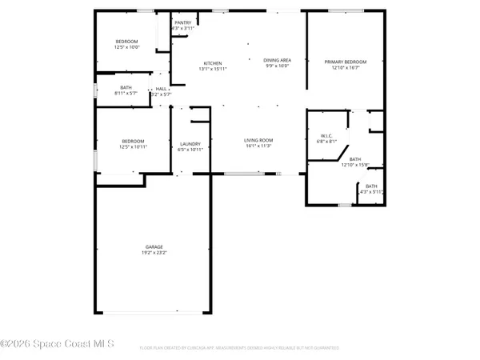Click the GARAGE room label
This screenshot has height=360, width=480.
coord(154,247)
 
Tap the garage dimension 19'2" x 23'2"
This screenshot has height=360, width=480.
coord(154,254)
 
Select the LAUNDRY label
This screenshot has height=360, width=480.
coord(190,144)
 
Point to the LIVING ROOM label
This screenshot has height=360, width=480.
coord(258,140)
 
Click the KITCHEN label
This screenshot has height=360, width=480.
coord(212,63)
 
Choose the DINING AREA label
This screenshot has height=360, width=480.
coord(277,61)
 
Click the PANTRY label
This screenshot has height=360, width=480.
coord(183,23)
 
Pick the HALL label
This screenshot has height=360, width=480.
coord(162,89)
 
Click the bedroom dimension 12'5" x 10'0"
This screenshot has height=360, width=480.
coord(128,47)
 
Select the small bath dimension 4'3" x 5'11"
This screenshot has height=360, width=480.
coord(372,192)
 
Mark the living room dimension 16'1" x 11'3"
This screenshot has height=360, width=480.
coord(258,146)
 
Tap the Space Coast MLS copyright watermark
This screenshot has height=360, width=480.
coord(58,344)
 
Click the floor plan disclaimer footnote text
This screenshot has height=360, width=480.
coord(239,348)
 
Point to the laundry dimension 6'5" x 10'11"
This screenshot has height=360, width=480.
coord(190,150)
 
